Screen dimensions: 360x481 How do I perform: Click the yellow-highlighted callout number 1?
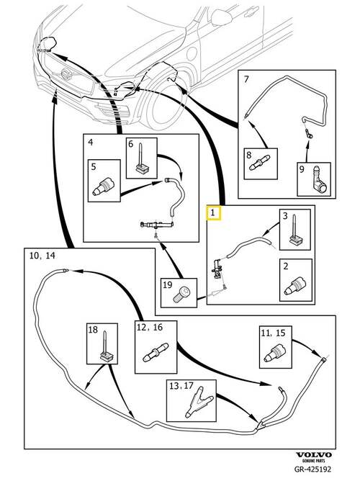coord(213,212)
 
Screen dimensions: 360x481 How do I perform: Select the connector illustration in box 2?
coord(295,285)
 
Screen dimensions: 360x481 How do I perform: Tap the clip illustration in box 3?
coord(296,232)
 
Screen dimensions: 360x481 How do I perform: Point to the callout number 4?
coord(91,142)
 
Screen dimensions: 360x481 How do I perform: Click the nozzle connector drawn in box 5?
coord(104,186)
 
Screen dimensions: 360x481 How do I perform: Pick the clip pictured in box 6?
coord(142,160)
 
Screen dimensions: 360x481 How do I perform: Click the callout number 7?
coord(246,79)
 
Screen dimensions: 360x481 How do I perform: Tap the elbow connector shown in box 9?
coord(319,181)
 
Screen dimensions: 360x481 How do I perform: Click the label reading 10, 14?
coord(42,255)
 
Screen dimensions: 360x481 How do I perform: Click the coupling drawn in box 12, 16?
coord(156,352)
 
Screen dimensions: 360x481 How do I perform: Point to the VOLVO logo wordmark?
coord(313,455)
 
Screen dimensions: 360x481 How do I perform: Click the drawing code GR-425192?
coord(312,469)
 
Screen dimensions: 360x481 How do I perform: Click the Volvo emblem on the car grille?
coord(66,74)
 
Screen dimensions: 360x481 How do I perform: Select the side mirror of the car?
coord(221,17)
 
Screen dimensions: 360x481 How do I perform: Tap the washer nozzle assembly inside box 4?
coord(157,225)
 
